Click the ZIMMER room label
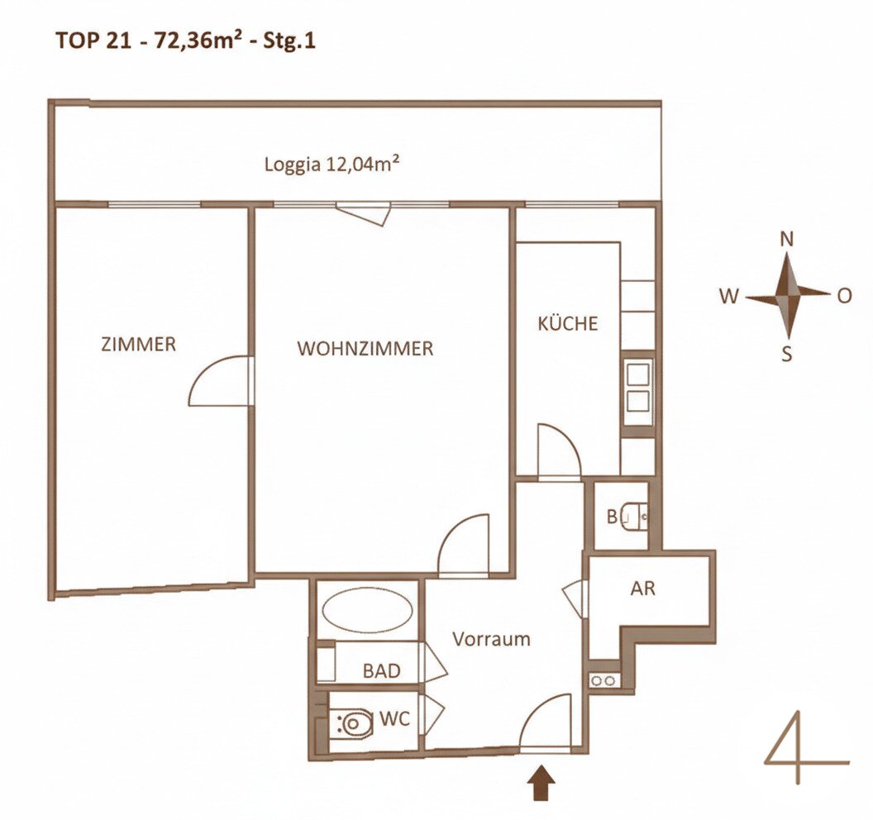pos(138,344)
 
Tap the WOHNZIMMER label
pos(365,349)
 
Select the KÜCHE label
pos(567,323)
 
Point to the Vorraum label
pos(491,638)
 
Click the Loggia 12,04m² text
pos(332,164)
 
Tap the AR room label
pos(642,589)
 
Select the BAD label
pos(381,671)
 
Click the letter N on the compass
pos(787,240)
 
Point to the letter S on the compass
pos(786,354)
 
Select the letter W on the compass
pos(729,297)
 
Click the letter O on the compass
pos(845,296)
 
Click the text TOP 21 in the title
pos(93,42)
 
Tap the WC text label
pos(394,718)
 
